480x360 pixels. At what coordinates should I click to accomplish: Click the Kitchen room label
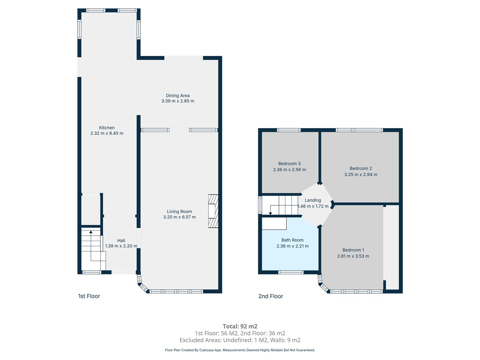tap(107, 128)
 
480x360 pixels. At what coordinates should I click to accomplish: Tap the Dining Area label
tap(178, 96)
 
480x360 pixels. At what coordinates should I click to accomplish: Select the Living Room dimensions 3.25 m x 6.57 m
tap(179, 217)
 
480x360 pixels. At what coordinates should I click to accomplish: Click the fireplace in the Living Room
tap(213, 211)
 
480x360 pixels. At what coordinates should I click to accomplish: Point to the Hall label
tap(121, 240)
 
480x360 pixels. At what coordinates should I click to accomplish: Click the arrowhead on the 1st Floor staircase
tap(91, 232)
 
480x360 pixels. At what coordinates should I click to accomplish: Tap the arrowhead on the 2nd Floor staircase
tap(271, 213)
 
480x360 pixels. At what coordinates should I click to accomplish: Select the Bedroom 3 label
tap(289, 163)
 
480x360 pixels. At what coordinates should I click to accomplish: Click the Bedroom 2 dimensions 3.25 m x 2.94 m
tap(361, 174)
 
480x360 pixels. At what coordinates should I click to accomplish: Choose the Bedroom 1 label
tap(353, 250)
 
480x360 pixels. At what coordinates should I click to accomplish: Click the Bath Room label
tap(292, 240)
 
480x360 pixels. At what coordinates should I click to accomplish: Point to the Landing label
tap(313, 200)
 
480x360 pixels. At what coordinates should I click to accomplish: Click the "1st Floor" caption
tap(89, 296)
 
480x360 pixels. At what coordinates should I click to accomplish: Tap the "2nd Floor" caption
tap(271, 296)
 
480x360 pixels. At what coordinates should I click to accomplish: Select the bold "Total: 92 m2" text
tap(240, 326)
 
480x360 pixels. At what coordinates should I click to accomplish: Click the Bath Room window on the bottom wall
tap(291, 272)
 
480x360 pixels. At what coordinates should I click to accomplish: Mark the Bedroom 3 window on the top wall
tap(289, 130)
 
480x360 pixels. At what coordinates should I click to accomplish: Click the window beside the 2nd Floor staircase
tap(260, 205)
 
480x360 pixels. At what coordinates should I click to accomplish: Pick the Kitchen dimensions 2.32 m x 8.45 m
tap(107, 133)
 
